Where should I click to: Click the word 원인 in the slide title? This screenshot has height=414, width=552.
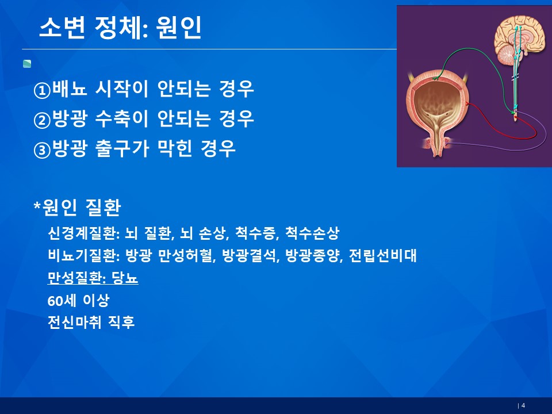pos(178,28)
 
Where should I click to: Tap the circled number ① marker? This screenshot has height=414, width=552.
pos(42,90)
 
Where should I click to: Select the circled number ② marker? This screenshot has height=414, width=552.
pos(42,120)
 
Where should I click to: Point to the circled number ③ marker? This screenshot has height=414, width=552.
pos(42,150)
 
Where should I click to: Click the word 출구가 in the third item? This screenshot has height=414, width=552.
pos(122,148)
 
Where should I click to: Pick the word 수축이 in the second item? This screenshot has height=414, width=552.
pos(122,118)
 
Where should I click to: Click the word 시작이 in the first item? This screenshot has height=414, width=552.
pos(122,89)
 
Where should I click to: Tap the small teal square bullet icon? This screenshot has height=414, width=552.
pos(27,64)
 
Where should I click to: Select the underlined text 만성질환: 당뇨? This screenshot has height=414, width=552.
pos(93,278)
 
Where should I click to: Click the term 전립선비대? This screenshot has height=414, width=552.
pos(383,255)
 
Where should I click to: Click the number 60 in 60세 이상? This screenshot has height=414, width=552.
pos(55,301)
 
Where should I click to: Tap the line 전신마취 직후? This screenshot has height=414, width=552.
pos(91,322)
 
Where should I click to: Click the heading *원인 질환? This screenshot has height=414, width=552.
pos(77,207)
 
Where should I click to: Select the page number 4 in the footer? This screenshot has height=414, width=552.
pos(523,405)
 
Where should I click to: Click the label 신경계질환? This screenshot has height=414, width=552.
pos(81,233)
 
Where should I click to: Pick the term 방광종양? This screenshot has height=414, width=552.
pos(313,255)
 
